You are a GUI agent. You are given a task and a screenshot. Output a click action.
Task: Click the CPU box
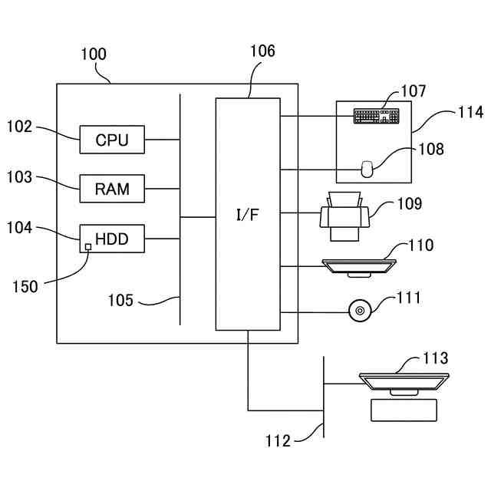click(112, 140)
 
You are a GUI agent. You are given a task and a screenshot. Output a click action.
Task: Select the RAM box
click(112, 189)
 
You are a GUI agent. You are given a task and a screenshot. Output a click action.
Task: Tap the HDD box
click(112, 239)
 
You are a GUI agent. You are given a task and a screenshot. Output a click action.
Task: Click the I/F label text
click(247, 214)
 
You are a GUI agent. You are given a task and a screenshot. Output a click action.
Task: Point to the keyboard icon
click(376, 116)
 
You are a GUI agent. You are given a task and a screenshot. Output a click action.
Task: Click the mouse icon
click(367, 168)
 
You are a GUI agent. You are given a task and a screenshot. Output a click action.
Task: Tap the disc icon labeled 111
click(359, 311)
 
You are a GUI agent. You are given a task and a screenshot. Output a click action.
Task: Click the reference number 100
click(94, 54)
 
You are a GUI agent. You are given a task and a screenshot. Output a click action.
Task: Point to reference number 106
click(262, 52)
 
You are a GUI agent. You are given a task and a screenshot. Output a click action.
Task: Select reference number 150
click(25, 286)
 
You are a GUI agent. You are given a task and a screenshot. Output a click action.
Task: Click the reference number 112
click(278, 441)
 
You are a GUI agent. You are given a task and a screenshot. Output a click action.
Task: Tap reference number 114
click(470, 113)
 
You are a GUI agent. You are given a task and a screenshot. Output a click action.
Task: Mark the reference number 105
click(119, 301)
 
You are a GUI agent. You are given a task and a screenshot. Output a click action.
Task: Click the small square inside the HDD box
click(87, 246)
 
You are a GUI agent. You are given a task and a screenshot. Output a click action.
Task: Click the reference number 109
click(409, 204)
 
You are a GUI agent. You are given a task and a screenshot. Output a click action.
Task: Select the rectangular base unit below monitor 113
click(404, 410)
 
